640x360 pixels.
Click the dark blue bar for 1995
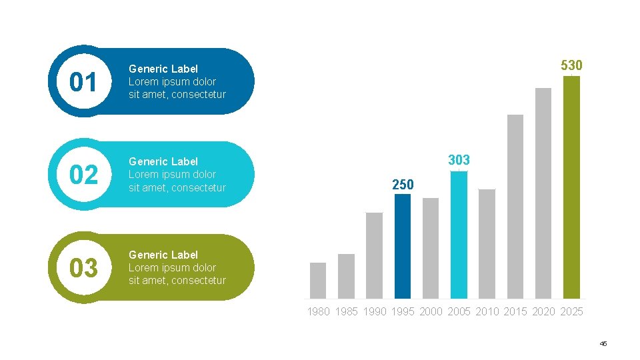coord(403,246)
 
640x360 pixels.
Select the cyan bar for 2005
coord(459,235)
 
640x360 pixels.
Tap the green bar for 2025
coord(571,187)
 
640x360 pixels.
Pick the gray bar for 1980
coord(318,281)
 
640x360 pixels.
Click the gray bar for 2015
coord(515,207)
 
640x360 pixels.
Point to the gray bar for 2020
coord(543,193)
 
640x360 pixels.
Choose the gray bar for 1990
coord(374,255)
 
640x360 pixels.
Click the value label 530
coord(571,65)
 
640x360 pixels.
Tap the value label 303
coord(459,160)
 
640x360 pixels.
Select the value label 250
coord(403,185)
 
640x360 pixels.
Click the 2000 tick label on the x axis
coord(431,312)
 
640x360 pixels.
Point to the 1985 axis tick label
coord(346,312)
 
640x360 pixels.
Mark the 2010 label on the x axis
coord(487,312)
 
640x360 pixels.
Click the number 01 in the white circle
coord(83,82)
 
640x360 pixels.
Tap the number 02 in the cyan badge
coord(84,175)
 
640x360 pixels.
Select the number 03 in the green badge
coord(84,268)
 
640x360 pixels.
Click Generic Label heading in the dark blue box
coord(163,69)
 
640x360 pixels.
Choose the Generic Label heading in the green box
coord(163,255)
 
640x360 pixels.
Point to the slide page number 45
coord(603,344)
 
